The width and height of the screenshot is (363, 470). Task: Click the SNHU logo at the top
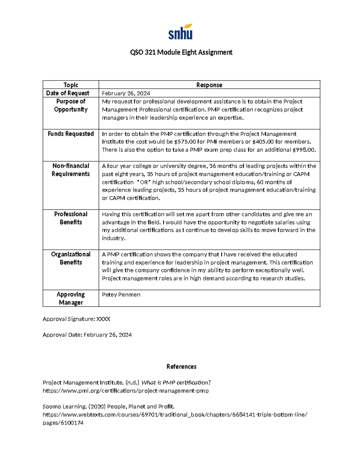coord(181,31)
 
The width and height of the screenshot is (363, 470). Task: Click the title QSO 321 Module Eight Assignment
coord(181,52)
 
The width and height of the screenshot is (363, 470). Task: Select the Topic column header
coord(71,85)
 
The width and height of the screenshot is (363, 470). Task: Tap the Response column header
coord(209,85)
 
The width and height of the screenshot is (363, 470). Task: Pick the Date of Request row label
coord(68,93)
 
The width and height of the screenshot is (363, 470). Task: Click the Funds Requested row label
coord(71,134)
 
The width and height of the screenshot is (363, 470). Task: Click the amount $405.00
coord(263,142)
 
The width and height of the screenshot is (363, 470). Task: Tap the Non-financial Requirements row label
coord(71,170)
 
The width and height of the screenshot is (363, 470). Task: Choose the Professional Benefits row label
coord(71,218)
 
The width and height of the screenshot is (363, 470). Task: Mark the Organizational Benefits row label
coord(71,258)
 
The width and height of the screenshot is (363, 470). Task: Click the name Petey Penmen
coord(121,295)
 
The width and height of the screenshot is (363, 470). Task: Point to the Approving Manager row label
coord(71,298)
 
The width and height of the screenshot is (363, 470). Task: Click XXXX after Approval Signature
coord(103,319)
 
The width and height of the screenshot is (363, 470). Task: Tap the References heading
coord(181,367)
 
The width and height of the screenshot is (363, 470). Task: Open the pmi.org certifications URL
coord(126,391)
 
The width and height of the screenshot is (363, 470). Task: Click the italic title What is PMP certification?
coord(176,383)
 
